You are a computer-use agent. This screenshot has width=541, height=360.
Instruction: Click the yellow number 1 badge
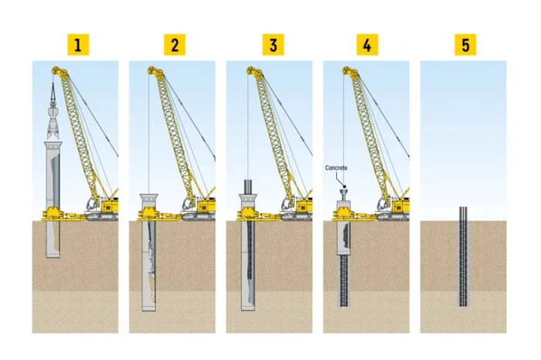[x=78, y=45]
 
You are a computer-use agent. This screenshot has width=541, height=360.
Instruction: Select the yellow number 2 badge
[x=175, y=45]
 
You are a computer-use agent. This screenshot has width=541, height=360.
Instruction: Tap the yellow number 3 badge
[x=274, y=45]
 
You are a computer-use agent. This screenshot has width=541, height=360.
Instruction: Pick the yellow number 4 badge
[x=367, y=45]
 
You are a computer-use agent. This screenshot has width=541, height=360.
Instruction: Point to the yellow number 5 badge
[x=465, y=45]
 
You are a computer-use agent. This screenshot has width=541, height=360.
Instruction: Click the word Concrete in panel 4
[x=336, y=168]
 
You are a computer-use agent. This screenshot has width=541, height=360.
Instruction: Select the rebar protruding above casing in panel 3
[x=248, y=186]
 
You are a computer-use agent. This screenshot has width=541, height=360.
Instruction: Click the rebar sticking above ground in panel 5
[x=463, y=214]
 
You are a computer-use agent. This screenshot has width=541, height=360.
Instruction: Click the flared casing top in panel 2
[x=148, y=199]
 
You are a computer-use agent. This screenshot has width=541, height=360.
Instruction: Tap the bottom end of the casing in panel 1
[x=53, y=256]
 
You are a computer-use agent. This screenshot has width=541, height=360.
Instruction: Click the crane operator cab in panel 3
[x=288, y=203]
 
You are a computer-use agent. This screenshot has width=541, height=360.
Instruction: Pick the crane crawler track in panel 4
[x=393, y=217]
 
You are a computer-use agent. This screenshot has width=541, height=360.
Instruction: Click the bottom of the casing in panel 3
[x=248, y=308]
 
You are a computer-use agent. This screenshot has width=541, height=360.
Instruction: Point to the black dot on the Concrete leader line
[x=345, y=186]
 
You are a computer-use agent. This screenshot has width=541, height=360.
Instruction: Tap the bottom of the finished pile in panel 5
[x=463, y=305]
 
